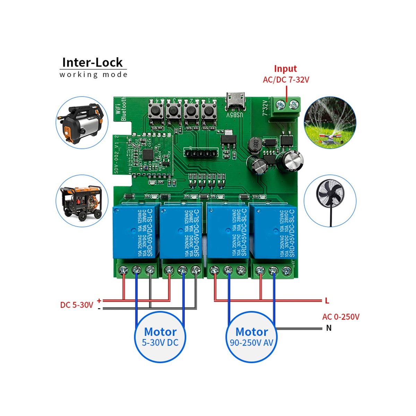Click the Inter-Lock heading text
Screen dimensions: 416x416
[x=92, y=62]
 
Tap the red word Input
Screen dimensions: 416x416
[x=285, y=69]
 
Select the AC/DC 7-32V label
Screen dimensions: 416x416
[x=286, y=80]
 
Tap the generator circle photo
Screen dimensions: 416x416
[x=82, y=201]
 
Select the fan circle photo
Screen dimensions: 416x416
[x=330, y=201]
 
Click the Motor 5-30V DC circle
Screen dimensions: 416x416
[x=160, y=337]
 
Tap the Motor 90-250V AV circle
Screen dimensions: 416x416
[x=252, y=337]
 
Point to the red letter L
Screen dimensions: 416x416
[x=327, y=301]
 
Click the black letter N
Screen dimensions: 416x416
[x=329, y=328]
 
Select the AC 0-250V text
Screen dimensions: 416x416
[x=341, y=317]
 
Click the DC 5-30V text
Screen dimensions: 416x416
[x=77, y=305]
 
